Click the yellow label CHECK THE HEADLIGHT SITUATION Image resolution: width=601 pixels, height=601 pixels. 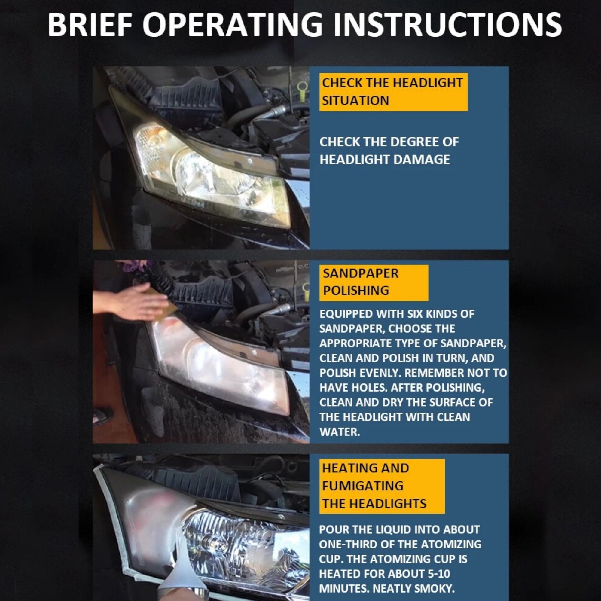(x=393, y=92)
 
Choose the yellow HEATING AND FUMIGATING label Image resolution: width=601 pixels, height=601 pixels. (x=382, y=486)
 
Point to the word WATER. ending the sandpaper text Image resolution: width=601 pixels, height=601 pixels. (x=339, y=432)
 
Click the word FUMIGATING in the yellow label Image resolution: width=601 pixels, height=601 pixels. (x=363, y=486)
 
